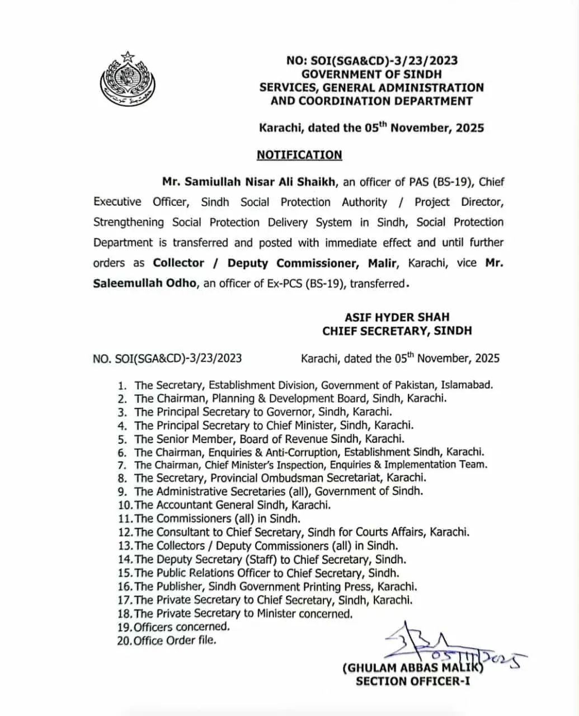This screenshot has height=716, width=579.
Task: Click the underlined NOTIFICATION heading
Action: pyautogui.click(x=299, y=155)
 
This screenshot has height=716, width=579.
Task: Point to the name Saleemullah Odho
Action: pyautogui.click(x=145, y=283)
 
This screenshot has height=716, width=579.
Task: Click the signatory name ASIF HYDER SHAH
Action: pyautogui.click(x=397, y=317)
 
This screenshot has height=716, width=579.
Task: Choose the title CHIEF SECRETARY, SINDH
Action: pyautogui.click(x=397, y=331)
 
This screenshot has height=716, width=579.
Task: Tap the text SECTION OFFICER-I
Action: pyautogui.click(x=413, y=681)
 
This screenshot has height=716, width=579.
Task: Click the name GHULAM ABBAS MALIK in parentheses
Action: pyautogui.click(x=413, y=668)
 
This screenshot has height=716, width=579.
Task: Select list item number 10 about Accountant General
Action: pyautogui.click(x=224, y=505)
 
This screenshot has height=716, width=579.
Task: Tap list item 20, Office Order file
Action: pyautogui.click(x=166, y=640)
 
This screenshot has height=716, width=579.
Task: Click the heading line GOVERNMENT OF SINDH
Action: pyautogui.click(x=371, y=74)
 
